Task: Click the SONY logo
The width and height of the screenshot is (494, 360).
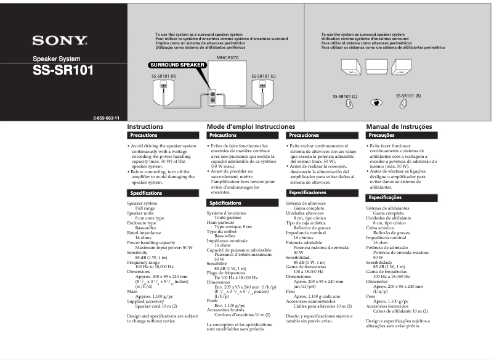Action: click(x=60, y=41)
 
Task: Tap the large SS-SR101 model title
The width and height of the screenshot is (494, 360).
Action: click(x=63, y=70)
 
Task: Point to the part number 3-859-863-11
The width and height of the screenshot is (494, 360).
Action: click(x=106, y=118)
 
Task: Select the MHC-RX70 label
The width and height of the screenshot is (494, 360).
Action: click(x=227, y=57)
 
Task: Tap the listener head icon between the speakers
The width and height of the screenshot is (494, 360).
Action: click(x=376, y=103)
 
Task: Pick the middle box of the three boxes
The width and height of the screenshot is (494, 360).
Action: click(x=376, y=67)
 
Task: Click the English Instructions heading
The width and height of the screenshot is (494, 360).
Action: click(x=145, y=126)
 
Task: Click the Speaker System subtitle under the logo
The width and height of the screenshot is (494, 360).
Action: click(x=57, y=59)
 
